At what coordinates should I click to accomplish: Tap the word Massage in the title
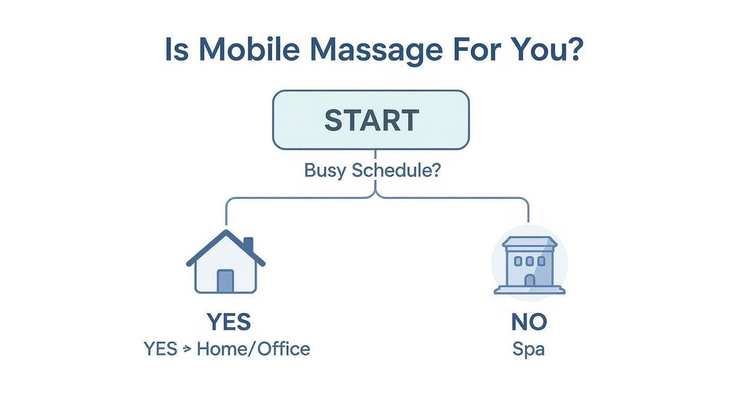click(376, 50)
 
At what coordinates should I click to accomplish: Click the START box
click(371, 120)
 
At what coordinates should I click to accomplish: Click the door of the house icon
click(225, 281)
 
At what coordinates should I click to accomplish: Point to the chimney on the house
click(248, 245)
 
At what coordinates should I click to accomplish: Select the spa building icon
click(529, 265)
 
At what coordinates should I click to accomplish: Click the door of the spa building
click(529, 281)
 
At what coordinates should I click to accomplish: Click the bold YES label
click(229, 322)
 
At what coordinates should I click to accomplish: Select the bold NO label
click(529, 322)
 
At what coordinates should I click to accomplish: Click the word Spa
click(529, 349)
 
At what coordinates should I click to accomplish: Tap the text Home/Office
click(253, 349)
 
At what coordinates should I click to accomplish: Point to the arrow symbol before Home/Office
click(187, 350)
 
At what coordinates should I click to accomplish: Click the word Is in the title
click(176, 49)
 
